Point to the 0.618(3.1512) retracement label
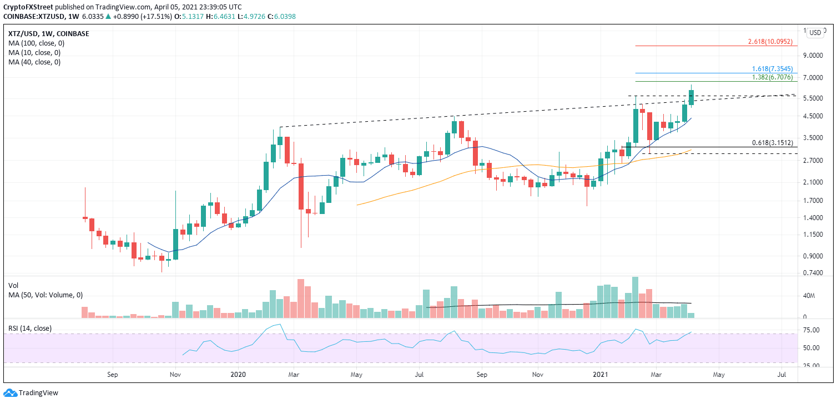[x=776, y=143]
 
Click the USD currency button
[x=815, y=33]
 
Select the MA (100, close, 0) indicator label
[x=34, y=43]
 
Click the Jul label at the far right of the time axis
[x=782, y=375]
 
